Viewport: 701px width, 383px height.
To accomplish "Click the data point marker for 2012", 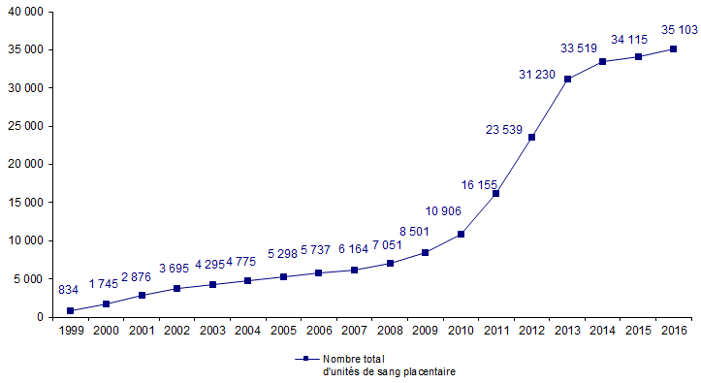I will coord(531,137).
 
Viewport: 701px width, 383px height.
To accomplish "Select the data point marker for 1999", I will coord(71,310).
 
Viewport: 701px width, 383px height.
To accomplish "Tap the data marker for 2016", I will coord(673,48).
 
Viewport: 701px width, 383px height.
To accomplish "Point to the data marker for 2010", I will coord(461,234).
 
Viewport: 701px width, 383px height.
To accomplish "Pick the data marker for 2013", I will coord(567,79).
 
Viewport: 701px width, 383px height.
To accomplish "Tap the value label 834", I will coord(69,290).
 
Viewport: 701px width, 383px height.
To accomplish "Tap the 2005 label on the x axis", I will coord(283,331).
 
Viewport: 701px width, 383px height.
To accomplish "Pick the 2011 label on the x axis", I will coord(495,331).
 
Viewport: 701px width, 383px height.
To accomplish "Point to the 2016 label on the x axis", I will coord(673,331).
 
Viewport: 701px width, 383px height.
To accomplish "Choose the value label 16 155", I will coord(478,183).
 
